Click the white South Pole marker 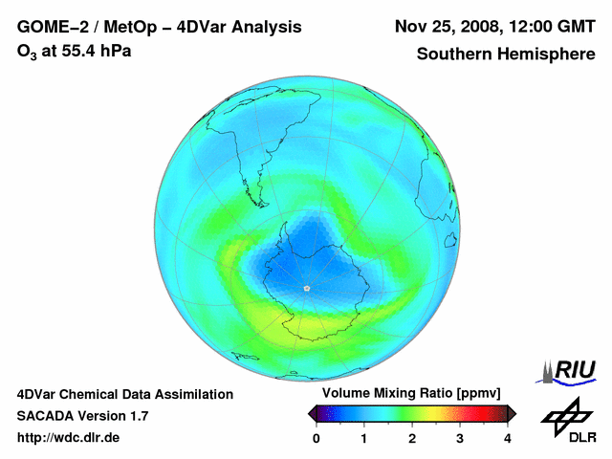point(306,288)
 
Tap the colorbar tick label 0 point(317,438)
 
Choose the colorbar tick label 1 point(364,438)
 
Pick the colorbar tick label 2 point(412,438)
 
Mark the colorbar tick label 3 point(460,438)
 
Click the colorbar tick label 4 point(508,438)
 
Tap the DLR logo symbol point(567,414)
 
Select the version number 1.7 point(137,416)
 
